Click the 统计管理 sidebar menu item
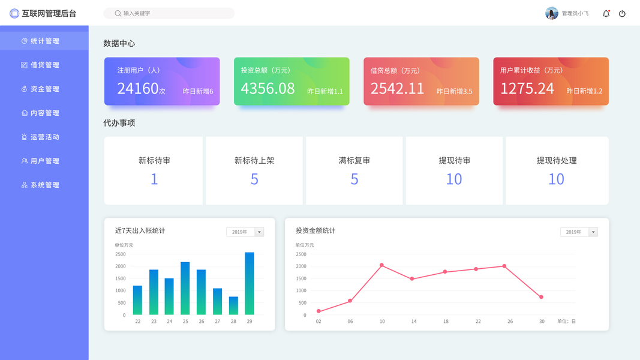(44, 41)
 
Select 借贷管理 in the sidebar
(44, 65)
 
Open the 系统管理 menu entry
(44, 185)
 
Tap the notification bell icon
(606, 13)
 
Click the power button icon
(622, 13)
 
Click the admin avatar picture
(552, 13)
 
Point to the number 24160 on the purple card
(138, 89)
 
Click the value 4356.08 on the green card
(268, 89)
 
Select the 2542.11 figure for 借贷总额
(397, 89)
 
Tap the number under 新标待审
(154, 179)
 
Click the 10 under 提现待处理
(556, 179)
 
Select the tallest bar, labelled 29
(249, 283)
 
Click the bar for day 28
(233, 305)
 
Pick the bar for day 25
(185, 288)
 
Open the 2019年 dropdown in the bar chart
(245, 232)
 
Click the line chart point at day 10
(381, 265)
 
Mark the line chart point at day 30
(541, 297)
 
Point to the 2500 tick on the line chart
(301, 254)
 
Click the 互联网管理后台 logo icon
(14, 13)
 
